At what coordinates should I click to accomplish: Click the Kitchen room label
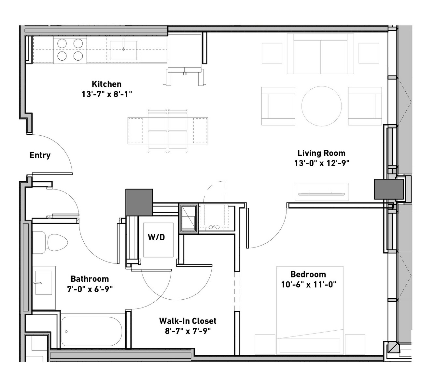click(106, 84)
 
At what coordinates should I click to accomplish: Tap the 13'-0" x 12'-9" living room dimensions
click(322, 163)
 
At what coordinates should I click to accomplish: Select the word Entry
click(40, 155)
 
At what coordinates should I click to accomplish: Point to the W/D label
click(156, 237)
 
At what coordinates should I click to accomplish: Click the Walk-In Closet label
click(188, 321)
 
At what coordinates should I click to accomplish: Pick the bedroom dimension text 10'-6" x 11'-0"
click(309, 285)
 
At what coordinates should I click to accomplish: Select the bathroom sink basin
click(44, 282)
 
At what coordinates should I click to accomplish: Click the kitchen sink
click(123, 50)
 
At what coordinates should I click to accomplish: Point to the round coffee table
click(321, 106)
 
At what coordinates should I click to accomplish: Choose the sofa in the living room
click(320, 54)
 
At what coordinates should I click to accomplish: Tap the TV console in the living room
click(321, 192)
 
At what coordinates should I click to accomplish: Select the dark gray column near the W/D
click(139, 202)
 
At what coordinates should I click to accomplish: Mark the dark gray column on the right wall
click(389, 189)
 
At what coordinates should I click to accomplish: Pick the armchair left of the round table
click(278, 106)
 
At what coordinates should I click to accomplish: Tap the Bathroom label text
click(90, 279)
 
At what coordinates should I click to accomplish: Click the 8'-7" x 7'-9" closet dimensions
click(188, 331)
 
